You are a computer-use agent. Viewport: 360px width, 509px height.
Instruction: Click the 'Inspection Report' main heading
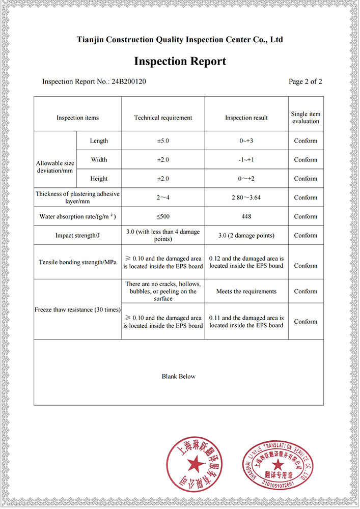[180, 62]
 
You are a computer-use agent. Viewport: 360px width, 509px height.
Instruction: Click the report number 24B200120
[129, 81]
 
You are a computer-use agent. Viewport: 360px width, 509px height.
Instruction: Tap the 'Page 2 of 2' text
[305, 81]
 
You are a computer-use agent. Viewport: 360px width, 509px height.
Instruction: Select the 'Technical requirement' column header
[163, 118]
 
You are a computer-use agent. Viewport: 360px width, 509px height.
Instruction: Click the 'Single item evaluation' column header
[306, 118]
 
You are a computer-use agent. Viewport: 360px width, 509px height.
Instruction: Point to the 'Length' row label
[99, 141]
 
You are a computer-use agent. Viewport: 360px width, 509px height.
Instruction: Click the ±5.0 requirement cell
[163, 141]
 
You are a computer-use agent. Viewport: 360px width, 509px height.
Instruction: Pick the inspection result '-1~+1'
[246, 160]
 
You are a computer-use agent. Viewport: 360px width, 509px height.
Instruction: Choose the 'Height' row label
[99, 179]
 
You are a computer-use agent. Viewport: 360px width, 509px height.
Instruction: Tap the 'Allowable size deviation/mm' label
[55, 167]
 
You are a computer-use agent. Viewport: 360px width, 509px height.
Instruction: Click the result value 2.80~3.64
[246, 197]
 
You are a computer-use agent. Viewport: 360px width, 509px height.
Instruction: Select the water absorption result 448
[246, 216]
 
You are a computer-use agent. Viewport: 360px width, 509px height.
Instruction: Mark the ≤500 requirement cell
[163, 216]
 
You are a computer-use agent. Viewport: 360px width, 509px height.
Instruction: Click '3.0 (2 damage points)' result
[246, 235]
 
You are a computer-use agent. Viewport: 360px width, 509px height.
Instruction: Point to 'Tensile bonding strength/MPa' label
[77, 262]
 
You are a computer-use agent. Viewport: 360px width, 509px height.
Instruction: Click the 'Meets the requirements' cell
[246, 291]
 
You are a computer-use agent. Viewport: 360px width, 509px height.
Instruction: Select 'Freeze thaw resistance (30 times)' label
[77, 309]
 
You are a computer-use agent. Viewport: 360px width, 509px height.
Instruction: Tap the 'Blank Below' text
[179, 377]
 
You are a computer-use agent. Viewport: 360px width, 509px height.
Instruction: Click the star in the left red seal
[194, 463]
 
